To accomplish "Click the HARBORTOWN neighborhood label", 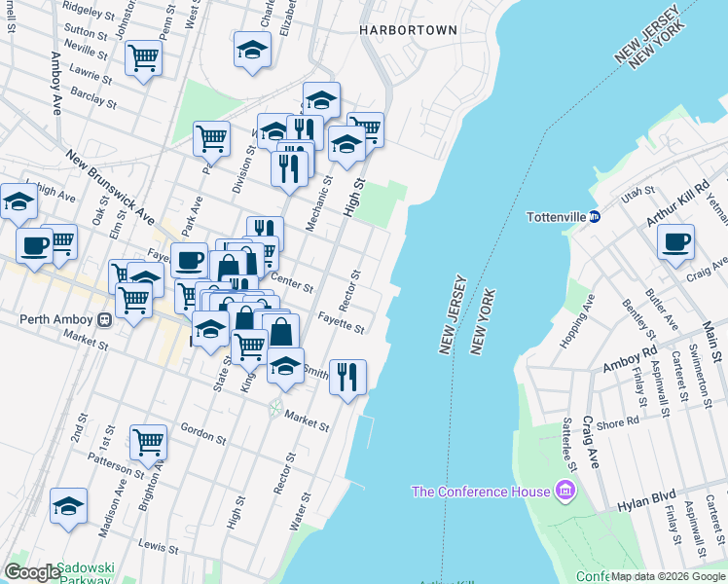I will coord(408,30).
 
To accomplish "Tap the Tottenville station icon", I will coord(594,216).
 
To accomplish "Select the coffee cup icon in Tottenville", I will coord(675,241).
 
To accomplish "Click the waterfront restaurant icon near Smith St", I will coord(347,375).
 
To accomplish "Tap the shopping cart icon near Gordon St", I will coord(149,443).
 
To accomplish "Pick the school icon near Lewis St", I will coord(68,505).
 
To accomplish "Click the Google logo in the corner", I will coord(31,572).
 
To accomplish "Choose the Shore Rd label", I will coord(617,422).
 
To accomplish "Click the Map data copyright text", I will coord(668,576).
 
